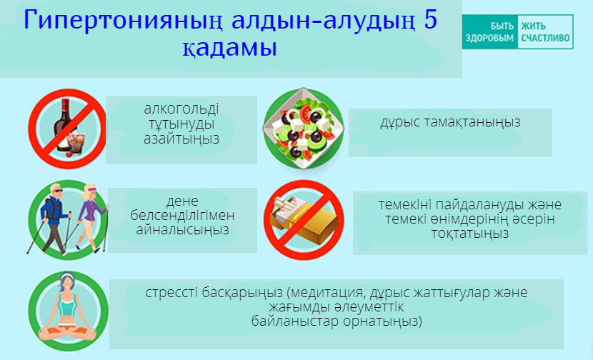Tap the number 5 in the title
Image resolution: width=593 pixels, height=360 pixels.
430,20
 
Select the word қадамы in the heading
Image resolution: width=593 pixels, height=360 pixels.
230,48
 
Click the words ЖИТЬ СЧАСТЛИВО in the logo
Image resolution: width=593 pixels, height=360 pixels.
545,31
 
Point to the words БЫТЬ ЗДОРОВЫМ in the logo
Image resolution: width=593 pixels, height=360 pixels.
489,31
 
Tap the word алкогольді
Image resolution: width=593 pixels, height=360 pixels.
181,109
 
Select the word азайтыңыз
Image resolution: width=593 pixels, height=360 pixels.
181,139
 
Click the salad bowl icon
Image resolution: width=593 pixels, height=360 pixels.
304,129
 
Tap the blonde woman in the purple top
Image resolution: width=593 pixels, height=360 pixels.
90,217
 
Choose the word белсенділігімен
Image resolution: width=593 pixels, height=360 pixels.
182,216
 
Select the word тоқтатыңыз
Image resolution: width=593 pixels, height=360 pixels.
470,234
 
